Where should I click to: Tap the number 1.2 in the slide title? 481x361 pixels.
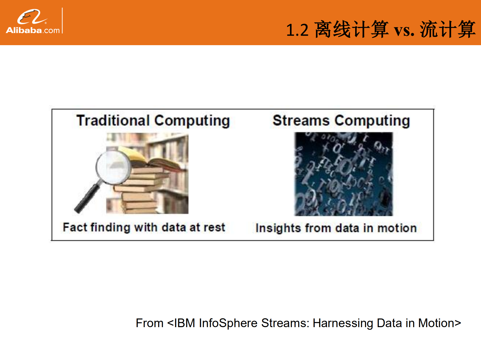[x=297, y=30]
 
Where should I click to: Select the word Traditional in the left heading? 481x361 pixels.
[x=113, y=121]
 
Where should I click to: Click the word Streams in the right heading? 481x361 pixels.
[x=301, y=121]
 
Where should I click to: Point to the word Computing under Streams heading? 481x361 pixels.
[x=372, y=121]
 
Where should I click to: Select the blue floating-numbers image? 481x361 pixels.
[x=343, y=174]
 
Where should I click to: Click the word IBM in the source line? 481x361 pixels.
[x=184, y=323]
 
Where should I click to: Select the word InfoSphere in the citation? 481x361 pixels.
[x=228, y=323]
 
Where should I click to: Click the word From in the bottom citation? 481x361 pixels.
[x=149, y=323]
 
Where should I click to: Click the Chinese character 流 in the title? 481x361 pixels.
[x=429, y=30]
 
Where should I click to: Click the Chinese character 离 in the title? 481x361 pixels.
[x=323, y=30]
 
